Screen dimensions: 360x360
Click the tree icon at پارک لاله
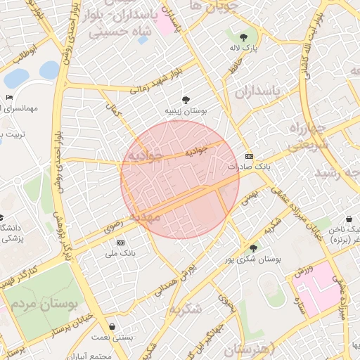coord(244,37)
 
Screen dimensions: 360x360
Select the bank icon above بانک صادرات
coord(249,156)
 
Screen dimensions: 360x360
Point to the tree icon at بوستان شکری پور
coord(252,248)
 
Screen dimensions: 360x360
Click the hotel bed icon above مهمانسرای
coord(9,97)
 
